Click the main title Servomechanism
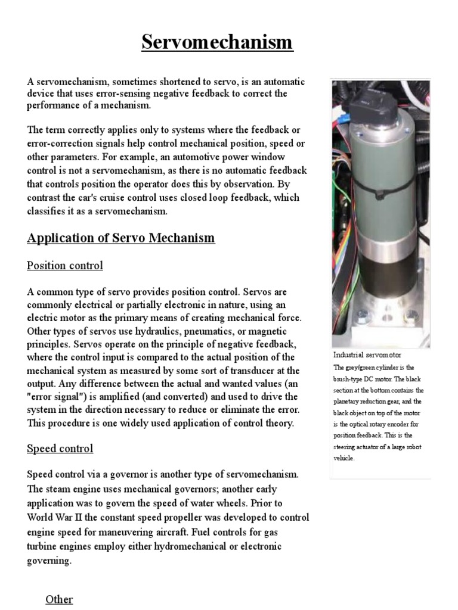[218, 42]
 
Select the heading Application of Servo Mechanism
[120, 238]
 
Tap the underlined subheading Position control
[65, 266]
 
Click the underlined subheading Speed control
[60, 448]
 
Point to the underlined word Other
[59, 599]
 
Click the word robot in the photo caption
[408, 447]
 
